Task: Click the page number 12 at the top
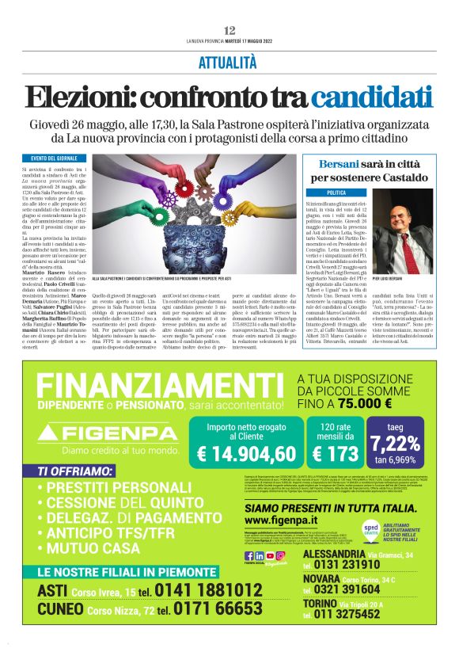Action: pos(229,29)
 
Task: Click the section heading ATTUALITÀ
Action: pos(229,62)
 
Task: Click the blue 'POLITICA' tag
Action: pos(336,193)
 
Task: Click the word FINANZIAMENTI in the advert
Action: pos(156,387)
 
